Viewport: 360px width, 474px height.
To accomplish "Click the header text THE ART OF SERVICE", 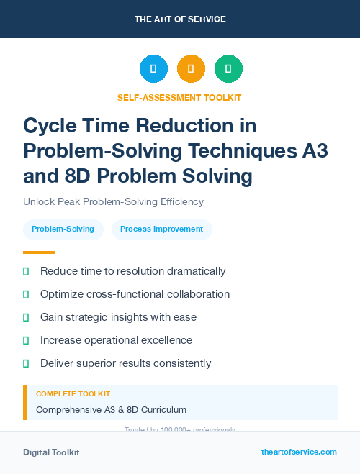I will click(180, 19).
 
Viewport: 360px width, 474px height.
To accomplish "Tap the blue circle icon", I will click(153, 69).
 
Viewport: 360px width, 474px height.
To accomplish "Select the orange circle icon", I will click(191, 69).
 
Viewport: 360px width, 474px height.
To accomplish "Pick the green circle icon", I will click(228, 69).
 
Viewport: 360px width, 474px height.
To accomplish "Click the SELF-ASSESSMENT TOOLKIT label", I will click(179, 97).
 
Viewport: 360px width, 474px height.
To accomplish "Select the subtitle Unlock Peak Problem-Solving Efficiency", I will click(113, 202).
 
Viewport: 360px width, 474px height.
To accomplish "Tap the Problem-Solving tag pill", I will click(63, 229).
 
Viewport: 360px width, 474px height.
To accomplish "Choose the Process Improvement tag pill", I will click(161, 229).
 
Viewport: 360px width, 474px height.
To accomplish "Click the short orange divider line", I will click(39, 252).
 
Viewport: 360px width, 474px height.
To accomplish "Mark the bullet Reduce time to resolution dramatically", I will click(132, 271).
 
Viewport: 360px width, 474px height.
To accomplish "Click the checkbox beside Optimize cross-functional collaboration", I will click(26, 294).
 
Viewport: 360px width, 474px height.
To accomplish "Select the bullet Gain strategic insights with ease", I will click(118, 317).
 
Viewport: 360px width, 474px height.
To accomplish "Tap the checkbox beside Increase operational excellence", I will click(26, 340).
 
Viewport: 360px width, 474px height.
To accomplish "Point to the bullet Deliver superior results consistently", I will click(125, 363).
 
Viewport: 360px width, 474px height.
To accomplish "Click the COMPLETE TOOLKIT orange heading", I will click(73, 394).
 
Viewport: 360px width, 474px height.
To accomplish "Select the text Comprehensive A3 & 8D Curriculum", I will click(111, 410).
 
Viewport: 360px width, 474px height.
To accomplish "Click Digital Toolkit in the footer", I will click(51, 452).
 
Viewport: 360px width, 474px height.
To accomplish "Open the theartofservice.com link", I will click(299, 452).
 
